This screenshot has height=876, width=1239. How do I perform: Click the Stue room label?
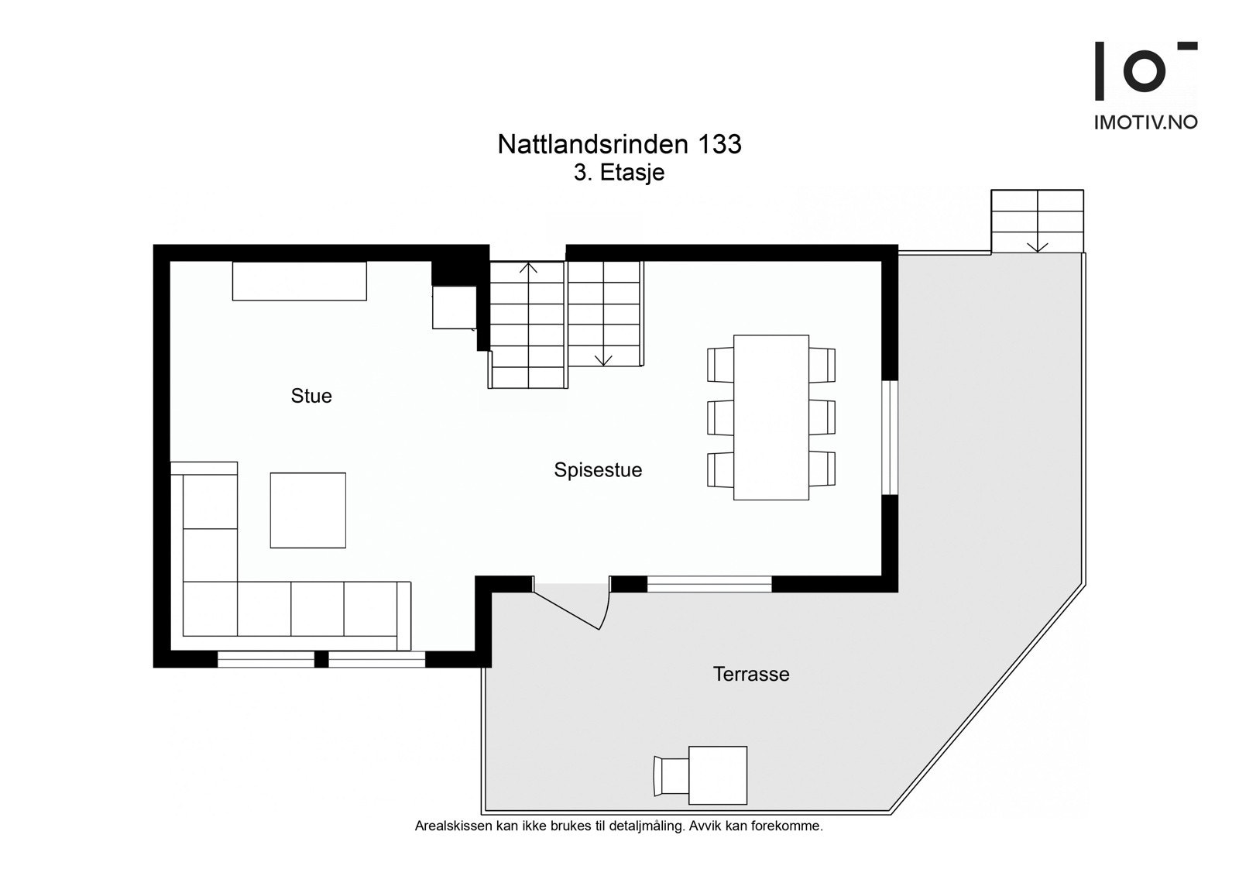311,396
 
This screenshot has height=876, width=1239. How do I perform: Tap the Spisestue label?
598,470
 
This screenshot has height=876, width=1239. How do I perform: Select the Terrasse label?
751,674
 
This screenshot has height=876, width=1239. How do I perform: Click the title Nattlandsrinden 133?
619,144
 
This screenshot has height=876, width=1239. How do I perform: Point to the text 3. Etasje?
619,173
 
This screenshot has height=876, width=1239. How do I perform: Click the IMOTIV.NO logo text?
1145,122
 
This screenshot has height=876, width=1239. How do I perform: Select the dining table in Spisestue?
771,417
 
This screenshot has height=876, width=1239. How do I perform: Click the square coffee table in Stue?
307,510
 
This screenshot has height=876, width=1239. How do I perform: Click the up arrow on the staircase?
528,269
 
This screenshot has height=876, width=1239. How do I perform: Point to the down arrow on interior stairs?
603,359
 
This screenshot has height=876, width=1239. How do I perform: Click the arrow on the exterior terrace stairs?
1037,246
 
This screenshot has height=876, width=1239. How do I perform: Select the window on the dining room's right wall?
890,437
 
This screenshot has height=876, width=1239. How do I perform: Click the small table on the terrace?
718,775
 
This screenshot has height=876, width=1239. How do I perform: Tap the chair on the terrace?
671,775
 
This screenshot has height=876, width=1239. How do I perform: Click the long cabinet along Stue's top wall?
299,280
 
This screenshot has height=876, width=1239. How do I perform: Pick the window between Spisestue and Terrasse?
709,584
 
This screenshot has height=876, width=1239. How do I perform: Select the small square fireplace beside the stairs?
454,307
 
